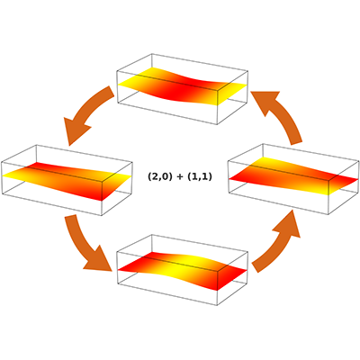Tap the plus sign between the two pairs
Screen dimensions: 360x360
180,177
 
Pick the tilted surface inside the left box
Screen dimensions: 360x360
67,180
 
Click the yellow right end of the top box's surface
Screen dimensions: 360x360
231,93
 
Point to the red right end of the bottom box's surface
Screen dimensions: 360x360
231,277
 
